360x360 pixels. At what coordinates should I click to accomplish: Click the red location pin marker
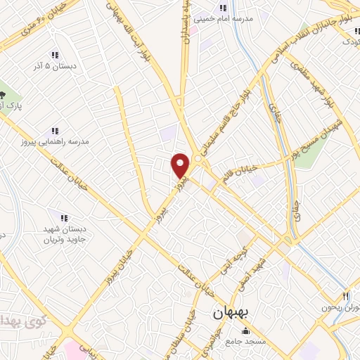point(181,165)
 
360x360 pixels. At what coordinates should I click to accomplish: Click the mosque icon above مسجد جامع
point(245,330)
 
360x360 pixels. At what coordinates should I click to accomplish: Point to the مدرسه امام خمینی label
point(226,20)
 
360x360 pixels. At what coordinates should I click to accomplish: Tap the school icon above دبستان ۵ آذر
point(55,55)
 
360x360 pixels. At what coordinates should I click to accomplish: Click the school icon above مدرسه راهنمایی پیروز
point(55,131)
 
